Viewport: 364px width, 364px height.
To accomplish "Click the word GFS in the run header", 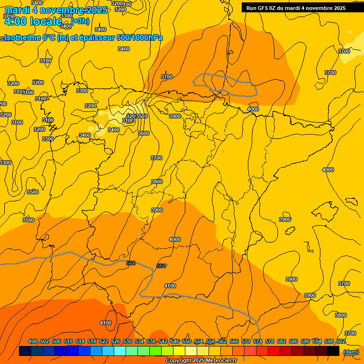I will [x=264, y=8].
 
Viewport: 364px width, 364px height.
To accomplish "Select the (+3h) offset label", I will [x=80, y=21].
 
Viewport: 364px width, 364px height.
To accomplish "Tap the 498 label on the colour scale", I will [x=33, y=341].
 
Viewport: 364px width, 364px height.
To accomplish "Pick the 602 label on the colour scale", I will [x=341, y=341].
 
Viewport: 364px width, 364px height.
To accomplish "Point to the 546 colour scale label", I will [x=175, y=341].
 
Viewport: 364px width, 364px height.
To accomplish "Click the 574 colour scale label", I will [x=258, y=341].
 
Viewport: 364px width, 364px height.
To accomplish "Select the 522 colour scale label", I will [x=104, y=341].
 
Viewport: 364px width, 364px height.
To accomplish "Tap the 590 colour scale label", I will [x=305, y=341].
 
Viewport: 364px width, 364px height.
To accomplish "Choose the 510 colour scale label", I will [x=68, y=341].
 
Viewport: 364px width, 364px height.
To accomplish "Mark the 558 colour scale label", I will [x=210, y=341].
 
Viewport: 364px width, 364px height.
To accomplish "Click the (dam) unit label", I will [x=351, y=352].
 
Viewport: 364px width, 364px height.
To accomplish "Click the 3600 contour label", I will [x=144, y=133].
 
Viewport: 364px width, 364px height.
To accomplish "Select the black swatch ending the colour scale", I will [x=333, y=351].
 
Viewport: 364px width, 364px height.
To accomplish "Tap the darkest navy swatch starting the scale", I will [x=25, y=351].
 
